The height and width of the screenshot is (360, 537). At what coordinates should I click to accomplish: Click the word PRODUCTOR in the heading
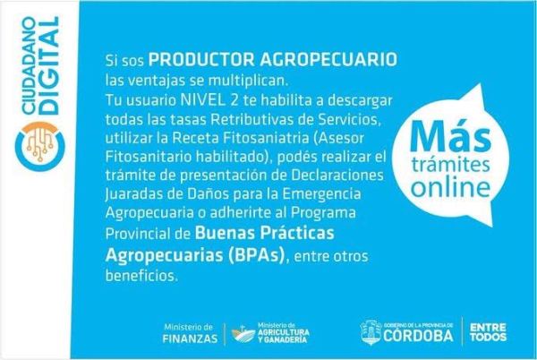pos(201,60)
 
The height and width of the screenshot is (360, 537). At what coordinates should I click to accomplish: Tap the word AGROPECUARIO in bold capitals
pos(328,60)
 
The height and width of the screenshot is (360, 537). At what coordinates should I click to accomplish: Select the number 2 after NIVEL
pos(231,100)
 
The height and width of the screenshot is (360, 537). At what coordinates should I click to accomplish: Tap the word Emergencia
pos(321,194)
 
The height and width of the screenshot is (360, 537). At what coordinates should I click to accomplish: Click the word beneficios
pos(141,276)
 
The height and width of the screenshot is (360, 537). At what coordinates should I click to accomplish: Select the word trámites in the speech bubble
pos(451,164)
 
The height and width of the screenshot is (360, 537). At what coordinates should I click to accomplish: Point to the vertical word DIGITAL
pos(50,65)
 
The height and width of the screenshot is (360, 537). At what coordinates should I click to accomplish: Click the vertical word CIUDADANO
pos(28,65)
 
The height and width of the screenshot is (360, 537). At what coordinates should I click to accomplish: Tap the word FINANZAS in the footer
pos(190,339)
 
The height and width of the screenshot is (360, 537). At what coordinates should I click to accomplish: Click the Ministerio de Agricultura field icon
pos(243,333)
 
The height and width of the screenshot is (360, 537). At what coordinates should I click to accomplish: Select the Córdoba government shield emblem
pos(371,332)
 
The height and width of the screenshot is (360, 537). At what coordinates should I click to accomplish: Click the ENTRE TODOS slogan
pos(488,332)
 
